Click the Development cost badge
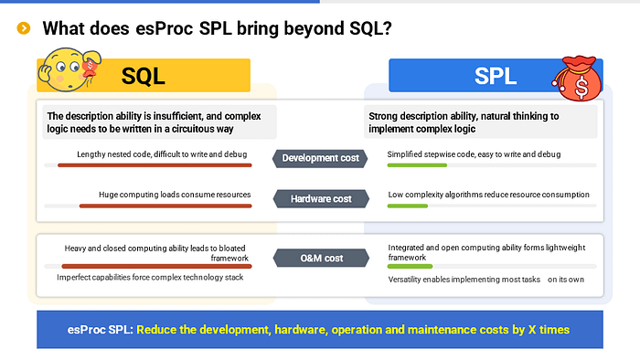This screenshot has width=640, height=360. click(x=320, y=158)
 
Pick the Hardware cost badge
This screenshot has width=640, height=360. click(x=320, y=198)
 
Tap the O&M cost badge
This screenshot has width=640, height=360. click(x=320, y=259)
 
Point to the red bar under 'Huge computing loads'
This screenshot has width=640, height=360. click(x=165, y=206)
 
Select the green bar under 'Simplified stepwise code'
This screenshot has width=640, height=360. click(x=417, y=165)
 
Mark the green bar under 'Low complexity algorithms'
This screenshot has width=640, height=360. click(x=408, y=206)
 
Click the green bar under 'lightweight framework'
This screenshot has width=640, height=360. click(x=411, y=267)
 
